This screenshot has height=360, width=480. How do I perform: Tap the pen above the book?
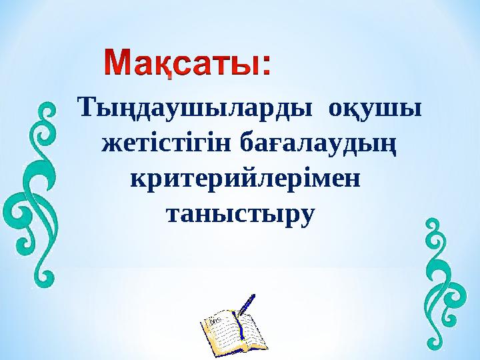(246, 304)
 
